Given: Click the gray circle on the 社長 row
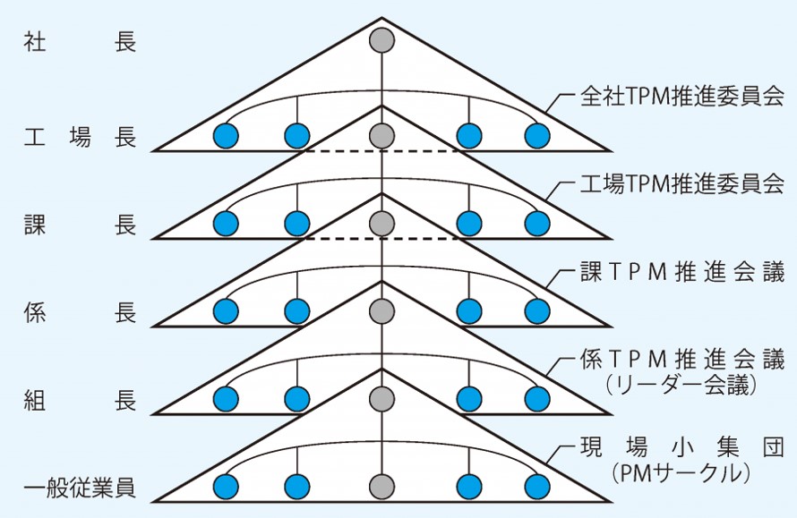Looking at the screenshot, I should (x=382, y=41).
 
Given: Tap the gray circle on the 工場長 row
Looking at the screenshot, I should (x=382, y=136).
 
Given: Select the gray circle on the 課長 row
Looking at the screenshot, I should (x=382, y=223).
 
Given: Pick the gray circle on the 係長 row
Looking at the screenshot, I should (x=382, y=311).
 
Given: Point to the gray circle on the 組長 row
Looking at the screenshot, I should (x=382, y=399).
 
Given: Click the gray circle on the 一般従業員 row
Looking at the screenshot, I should (x=382, y=487).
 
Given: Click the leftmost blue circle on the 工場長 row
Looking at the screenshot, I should (x=226, y=136).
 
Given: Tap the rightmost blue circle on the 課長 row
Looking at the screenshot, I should (x=537, y=223).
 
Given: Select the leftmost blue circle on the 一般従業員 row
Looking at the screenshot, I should (x=226, y=487).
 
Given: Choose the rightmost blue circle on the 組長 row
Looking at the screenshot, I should (x=537, y=399).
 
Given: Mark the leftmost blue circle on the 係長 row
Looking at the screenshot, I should (x=226, y=311).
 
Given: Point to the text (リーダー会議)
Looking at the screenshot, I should (x=681, y=385).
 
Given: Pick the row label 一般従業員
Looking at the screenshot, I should (x=79, y=488).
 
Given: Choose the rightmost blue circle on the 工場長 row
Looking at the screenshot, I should (x=537, y=136).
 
